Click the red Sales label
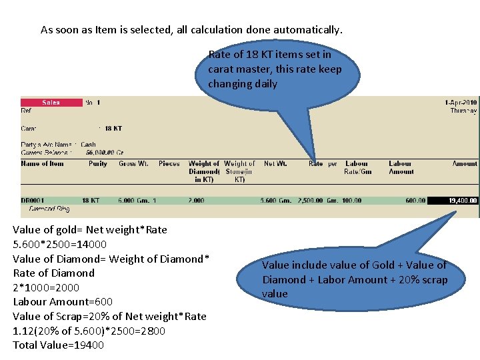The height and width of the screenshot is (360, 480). pyautogui.click(x=51, y=103)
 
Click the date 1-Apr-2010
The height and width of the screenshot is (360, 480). pyautogui.click(x=461, y=103)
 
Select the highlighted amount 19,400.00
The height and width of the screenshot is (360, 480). pyautogui.click(x=453, y=200)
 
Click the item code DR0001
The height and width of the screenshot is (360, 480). pyautogui.click(x=32, y=200)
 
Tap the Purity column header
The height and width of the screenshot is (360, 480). pyautogui.click(x=97, y=163)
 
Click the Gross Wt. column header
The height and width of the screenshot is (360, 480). pyautogui.click(x=133, y=163)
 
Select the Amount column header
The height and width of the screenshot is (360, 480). pyautogui.click(x=465, y=163)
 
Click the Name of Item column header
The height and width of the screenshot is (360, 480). pyautogui.click(x=43, y=163)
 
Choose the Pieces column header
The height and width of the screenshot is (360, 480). pyautogui.click(x=169, y=163)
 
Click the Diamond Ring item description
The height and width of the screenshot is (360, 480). pyautogui.click(x=49, y=209)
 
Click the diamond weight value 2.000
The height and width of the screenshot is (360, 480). pyautogui.click(x=197, y=200)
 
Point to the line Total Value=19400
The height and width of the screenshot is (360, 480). pyautogui.click(x=59, y=345)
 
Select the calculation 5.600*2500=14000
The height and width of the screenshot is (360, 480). pyautogui.click(x=60, y=244)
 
